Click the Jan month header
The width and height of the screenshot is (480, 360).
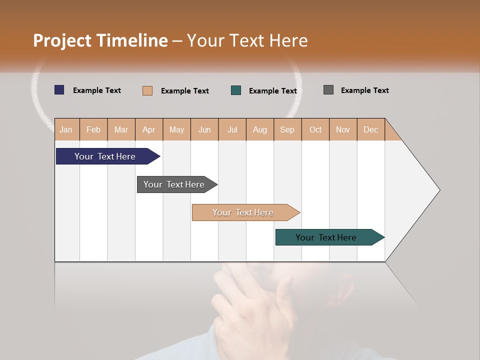coord(66,129)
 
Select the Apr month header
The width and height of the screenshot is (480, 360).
coord(149,129)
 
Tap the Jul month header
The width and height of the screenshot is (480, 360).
coord(232,129)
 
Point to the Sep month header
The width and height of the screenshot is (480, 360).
coord(287,129)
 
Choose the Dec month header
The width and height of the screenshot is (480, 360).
coord(370,129)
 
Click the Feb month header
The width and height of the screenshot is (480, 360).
coord(93,129)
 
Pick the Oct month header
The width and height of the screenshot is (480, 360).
coord(315,129)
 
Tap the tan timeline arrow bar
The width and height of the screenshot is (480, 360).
coord(243,212)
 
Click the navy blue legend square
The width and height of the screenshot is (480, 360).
coord(59,90)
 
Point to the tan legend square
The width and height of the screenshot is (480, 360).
coord(147,90)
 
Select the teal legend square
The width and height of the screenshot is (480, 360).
coord(236,90)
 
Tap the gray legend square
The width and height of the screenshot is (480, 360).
coord(328,90)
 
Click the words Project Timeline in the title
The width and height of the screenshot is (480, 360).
coord(100,40)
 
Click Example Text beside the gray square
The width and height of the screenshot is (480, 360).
coord(364,90)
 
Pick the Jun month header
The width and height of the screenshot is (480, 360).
coord(204,129)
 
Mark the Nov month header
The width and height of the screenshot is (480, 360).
coord(343,129)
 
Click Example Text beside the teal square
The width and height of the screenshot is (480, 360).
coord(272,91)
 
